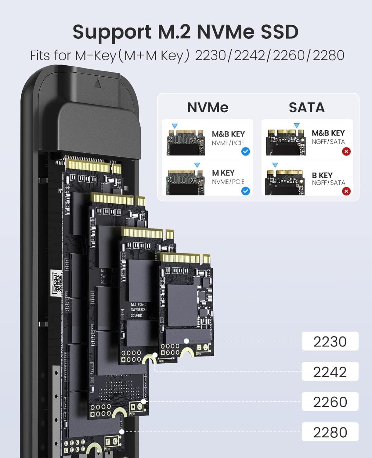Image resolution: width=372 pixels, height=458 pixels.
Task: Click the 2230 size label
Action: (330, 341)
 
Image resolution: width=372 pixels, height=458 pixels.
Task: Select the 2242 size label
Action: (330, 372)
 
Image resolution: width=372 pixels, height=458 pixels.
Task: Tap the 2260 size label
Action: (330, 402)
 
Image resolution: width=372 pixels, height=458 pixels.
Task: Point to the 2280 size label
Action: (330, 432)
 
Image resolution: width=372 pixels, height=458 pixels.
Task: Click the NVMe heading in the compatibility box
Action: (208, 107)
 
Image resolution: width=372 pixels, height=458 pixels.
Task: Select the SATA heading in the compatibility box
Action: (307, 107)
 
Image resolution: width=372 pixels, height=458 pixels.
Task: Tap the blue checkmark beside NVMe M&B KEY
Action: (245, 151)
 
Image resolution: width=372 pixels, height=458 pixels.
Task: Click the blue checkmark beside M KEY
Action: (245, 191)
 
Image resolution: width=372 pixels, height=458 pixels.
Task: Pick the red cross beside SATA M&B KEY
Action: (346, 151)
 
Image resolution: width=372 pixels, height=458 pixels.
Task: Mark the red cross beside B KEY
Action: (346, 191)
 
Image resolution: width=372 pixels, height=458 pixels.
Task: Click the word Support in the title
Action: (112, 32)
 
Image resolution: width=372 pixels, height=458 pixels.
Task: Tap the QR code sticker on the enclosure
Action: (57, 283)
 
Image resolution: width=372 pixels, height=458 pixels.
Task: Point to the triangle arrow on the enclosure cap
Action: (98, 83)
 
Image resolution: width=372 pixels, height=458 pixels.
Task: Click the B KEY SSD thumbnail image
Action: (285, 182)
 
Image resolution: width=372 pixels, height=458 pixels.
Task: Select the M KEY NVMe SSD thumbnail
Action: (185, 182)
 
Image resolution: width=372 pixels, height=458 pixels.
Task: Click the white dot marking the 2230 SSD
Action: (186, 341)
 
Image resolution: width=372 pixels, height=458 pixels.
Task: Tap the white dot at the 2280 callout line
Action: (122, 432)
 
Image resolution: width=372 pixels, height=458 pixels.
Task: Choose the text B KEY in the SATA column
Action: (322, 175)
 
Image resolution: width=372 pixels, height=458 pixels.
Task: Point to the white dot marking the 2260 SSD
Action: (143, 402)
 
